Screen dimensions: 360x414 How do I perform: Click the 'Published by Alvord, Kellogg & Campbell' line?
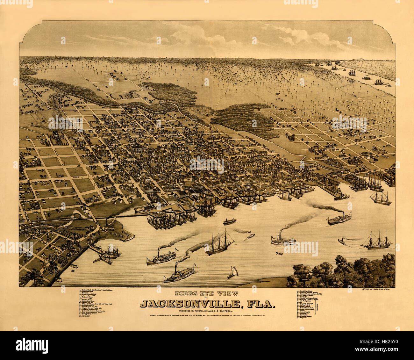coord(206,311)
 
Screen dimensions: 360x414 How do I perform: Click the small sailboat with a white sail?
coord(232,272)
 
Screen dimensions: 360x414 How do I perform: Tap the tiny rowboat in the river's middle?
coord(279,253)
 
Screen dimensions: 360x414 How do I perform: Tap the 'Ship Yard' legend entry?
coord(303,318)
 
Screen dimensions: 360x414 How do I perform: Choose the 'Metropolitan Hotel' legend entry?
coord(91,301)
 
